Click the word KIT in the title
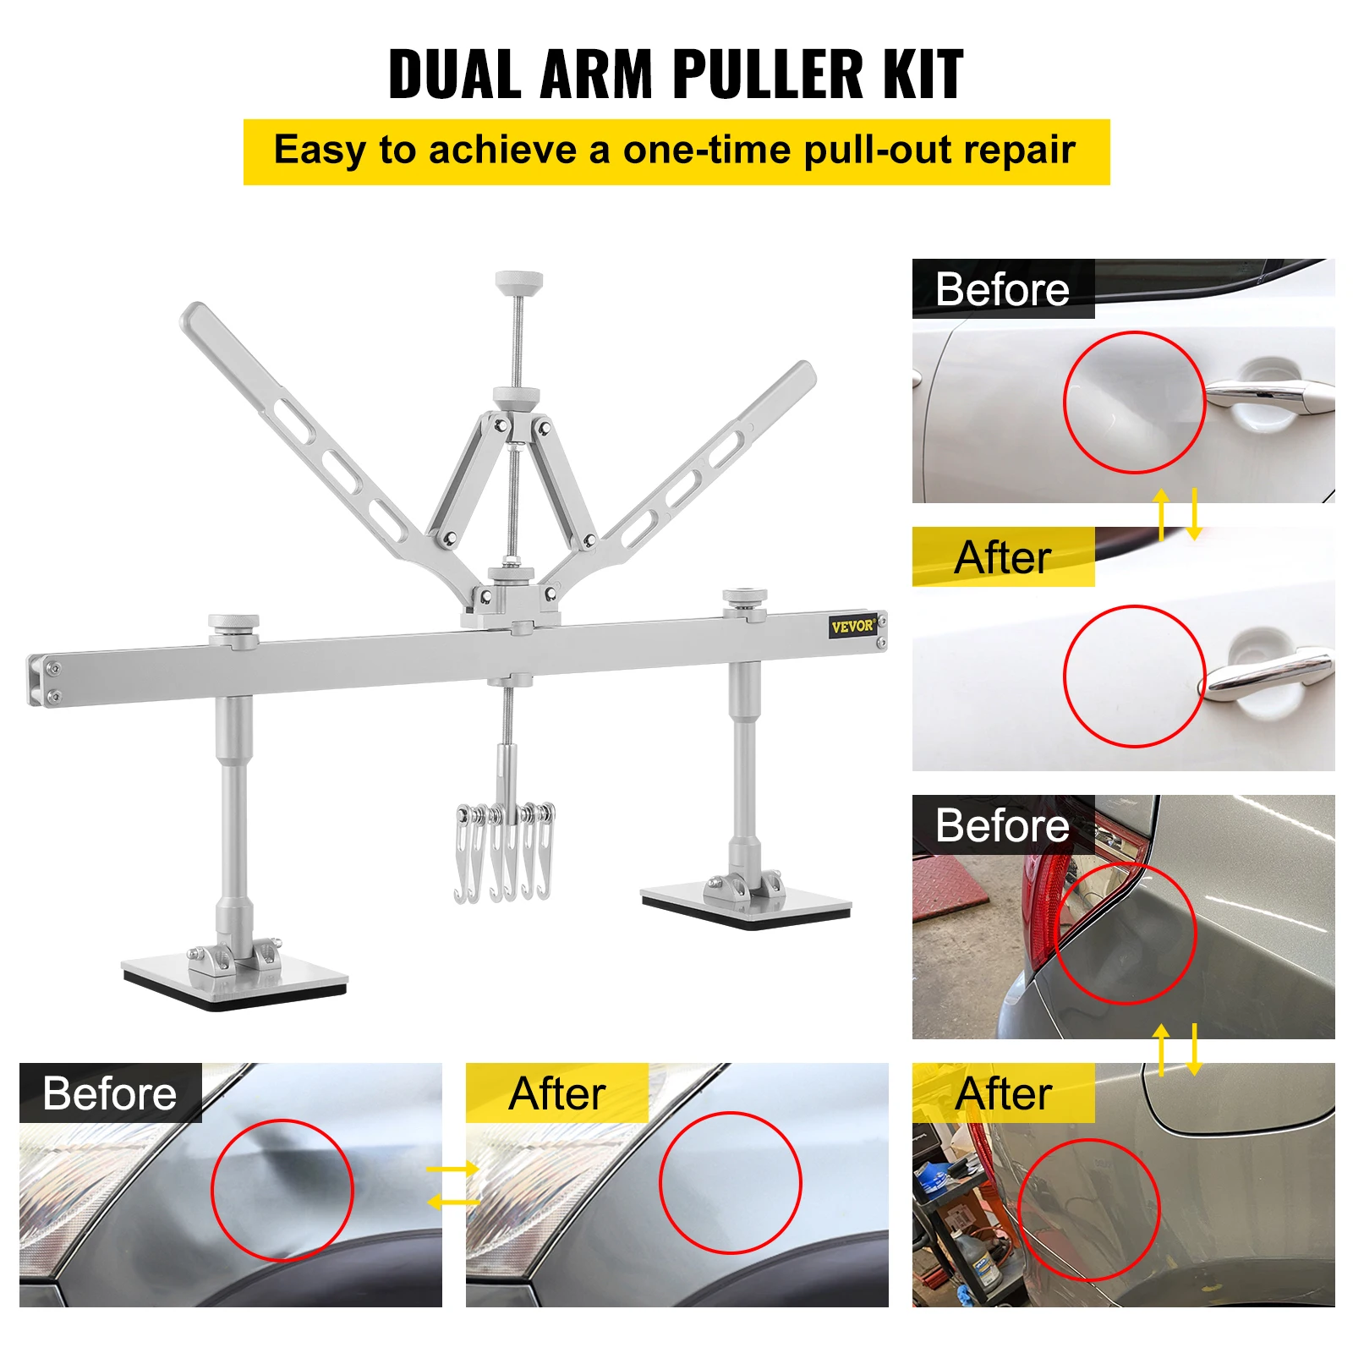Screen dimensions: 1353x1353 point(923,74)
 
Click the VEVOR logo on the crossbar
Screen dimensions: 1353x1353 point(852,627)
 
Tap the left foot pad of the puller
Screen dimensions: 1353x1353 point(235,981)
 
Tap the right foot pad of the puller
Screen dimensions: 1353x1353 point(747,905)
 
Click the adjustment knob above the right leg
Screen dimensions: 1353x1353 point(744,597)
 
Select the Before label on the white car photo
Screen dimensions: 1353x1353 point(1002,289)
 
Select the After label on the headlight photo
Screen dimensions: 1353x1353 point(557,1093)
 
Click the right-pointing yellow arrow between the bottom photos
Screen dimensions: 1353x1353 point(452,1169)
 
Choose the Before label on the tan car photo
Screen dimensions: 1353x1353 point(1002,825)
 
